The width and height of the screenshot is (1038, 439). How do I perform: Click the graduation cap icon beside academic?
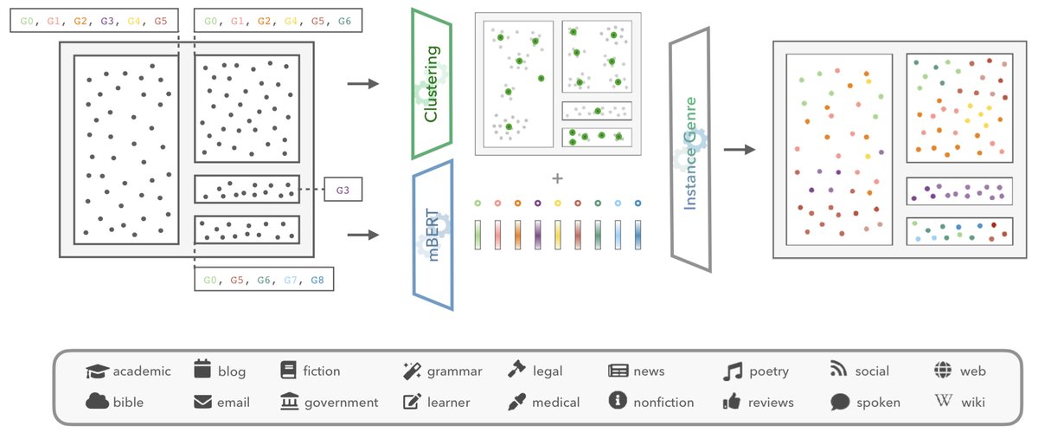point(97,371)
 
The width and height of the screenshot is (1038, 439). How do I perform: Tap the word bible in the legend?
point(128,402)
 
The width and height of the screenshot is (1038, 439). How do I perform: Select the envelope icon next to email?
point(202,402)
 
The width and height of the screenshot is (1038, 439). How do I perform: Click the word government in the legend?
point(341,402)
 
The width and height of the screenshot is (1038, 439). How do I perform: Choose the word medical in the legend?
point(556,402)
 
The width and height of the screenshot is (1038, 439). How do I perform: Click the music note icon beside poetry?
point(733,371)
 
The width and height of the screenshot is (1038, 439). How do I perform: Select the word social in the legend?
point(871,371)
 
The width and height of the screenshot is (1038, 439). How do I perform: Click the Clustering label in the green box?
point(430,85)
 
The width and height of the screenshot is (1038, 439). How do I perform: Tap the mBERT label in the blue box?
point(433,235)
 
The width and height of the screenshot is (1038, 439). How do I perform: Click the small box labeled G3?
point(343,190)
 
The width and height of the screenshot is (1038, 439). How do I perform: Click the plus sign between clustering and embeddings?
point(557,178)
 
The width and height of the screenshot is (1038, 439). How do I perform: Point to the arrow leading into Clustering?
point(362,84)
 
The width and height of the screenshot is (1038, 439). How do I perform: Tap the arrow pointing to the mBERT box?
point(362,235)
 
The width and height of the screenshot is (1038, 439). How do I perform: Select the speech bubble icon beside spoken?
point(839,402)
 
